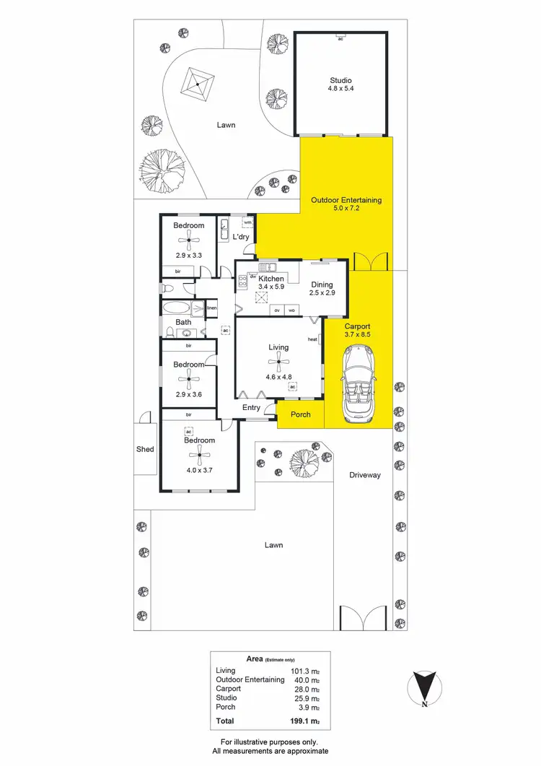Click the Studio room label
[340, 80]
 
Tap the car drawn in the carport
[358, 383]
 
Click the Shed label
[145, 449]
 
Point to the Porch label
[300, 414]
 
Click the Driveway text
[364, 475]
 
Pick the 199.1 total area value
[301, 721]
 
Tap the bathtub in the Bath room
[177, 308]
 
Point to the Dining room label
[322, 284]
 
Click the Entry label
[251, 408]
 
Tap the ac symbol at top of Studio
[340, 38]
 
